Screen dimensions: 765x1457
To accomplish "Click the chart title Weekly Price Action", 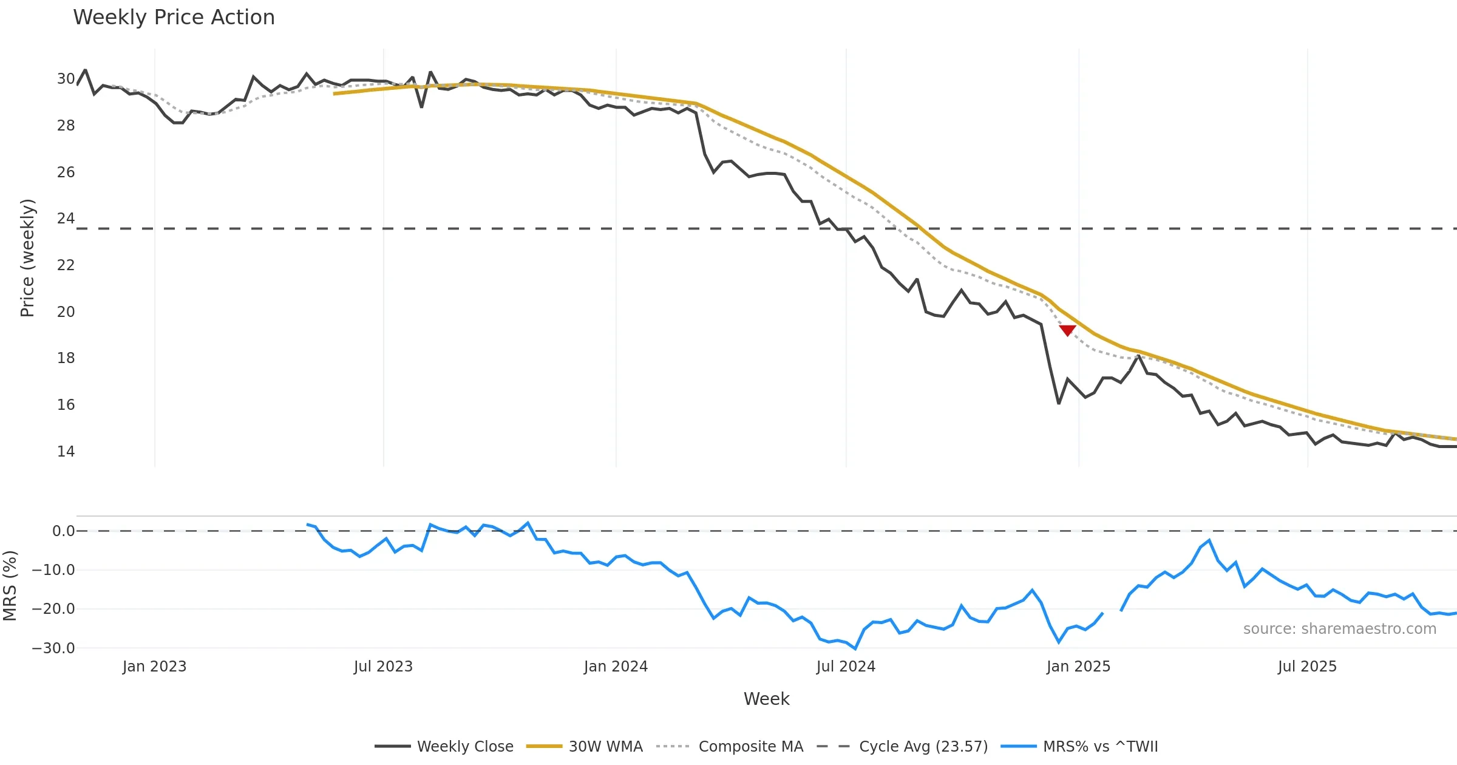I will point(174,18).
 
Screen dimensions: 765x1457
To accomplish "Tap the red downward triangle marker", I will point(1067,330).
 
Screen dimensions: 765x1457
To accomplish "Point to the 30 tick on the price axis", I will point(66,79).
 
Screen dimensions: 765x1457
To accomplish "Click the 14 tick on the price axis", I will point(66,451).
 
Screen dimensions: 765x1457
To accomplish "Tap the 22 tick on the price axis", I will point(66,265).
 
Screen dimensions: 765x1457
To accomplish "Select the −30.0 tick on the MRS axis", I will point(53,648).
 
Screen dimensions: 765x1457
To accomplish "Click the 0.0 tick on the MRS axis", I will point(63,531).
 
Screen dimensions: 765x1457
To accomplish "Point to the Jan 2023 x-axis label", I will point(154,667).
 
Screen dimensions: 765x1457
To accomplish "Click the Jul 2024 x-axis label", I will point(846,667).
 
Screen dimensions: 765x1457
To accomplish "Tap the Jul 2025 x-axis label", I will point(1307,667).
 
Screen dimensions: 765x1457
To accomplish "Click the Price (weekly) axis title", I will point(27,258).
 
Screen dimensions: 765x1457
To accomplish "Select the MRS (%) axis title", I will point(10,586).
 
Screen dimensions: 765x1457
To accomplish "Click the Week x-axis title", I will point(766,699).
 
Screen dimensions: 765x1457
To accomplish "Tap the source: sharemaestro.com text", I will point(1339,629).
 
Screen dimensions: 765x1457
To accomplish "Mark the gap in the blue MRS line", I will point(1112,612).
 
